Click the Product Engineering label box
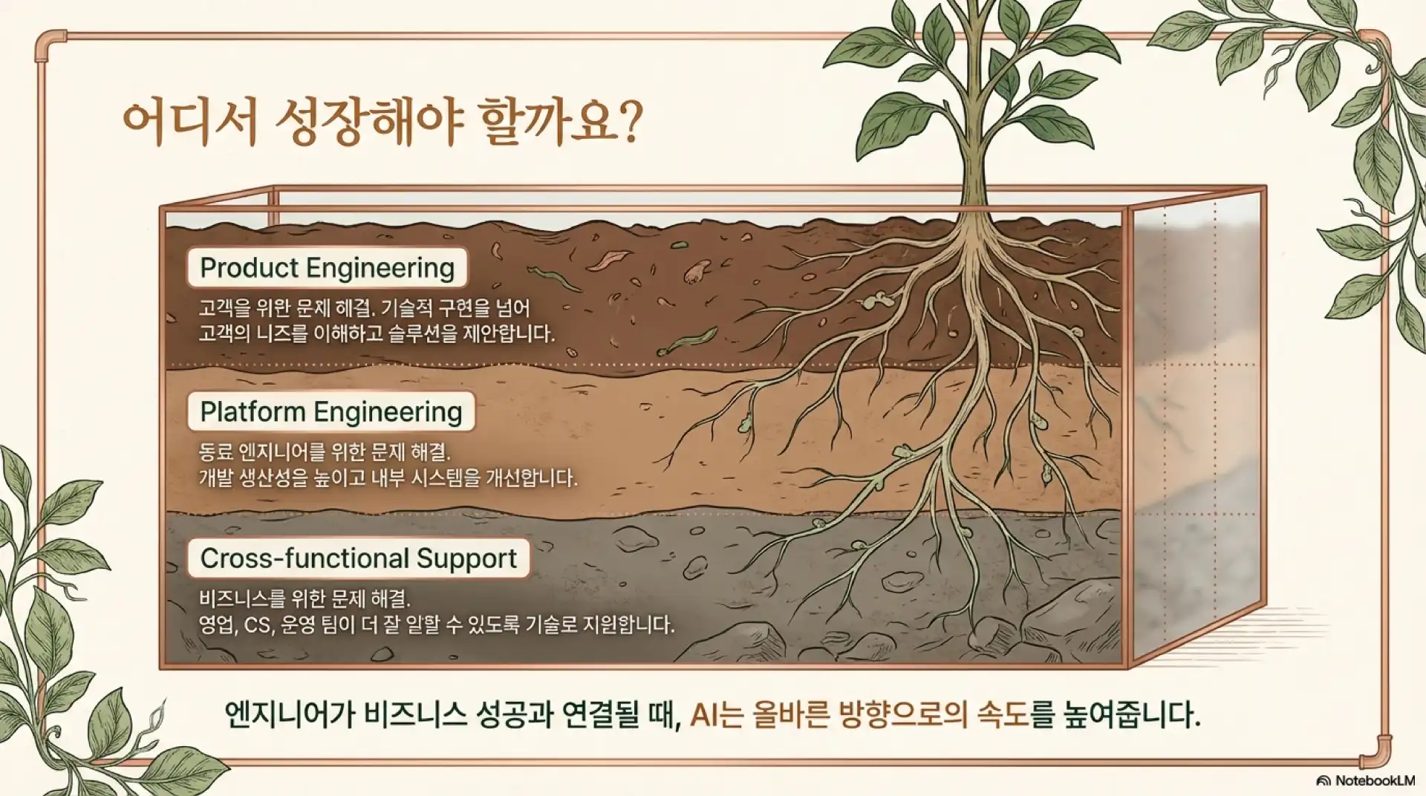click(327, 267)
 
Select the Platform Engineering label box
click(331, 411)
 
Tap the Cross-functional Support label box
click(359, 558)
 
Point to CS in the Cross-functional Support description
click(258, 624)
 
